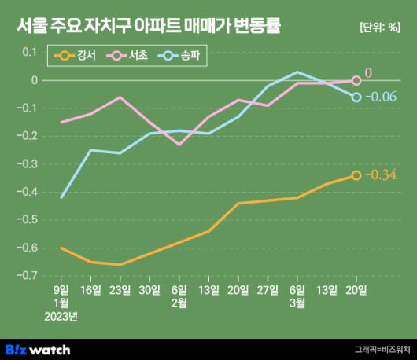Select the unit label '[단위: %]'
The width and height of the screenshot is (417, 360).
[379, 28]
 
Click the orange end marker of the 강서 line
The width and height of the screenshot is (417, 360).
[356, 175]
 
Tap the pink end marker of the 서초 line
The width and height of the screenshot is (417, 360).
[356, 80]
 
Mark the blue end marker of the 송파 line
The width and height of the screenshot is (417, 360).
[356, 97]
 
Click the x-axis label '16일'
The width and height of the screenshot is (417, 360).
[90, 290]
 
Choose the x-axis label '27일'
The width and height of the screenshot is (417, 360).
[268, 290]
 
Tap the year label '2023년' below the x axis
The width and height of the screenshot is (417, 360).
[61, 317]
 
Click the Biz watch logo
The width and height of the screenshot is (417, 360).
[38, 350]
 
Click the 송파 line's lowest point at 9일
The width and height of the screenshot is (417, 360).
[61, 197]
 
